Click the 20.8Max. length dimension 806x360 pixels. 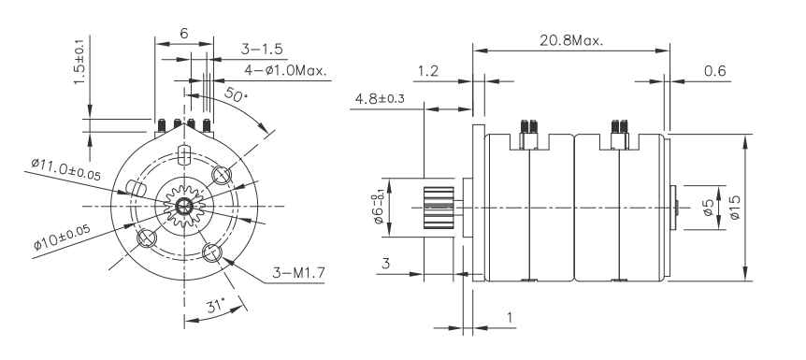click(x=571, y=41)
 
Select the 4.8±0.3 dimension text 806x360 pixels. click(x=380, y=98)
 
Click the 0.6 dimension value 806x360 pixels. click(x=715, y=70)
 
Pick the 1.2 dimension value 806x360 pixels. click(x=429, y=70)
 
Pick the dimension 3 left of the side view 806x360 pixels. click(x=383, y=265)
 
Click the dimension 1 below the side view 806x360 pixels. click(x=510, y=318)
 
